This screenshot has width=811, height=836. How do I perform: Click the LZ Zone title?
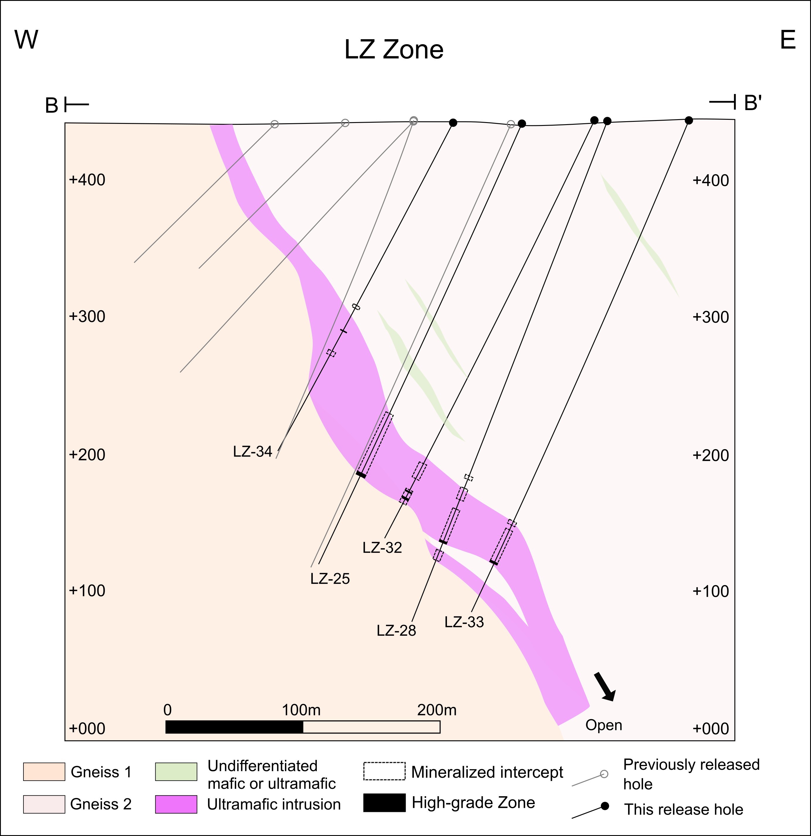(394, 50)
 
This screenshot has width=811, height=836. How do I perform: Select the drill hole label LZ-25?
(330, 579)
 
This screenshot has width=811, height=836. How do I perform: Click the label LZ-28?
(396, 630)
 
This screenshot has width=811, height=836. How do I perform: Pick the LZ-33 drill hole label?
(464, 622)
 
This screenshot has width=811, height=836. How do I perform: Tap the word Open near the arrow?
(603, 725)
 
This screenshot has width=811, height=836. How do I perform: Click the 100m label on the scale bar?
(301, 710)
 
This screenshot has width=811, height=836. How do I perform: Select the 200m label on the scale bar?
(437, 710)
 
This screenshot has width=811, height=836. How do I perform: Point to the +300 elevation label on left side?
(87, 317)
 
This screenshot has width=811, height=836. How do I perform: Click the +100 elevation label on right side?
(710, 591)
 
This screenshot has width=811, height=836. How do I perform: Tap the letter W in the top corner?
(26, 40)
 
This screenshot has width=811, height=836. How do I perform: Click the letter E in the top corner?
(788, 40)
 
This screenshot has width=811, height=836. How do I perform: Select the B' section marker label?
(753, 103)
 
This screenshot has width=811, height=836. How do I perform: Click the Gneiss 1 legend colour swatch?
(44, 772)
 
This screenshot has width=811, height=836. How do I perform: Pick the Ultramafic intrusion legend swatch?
(176, 804)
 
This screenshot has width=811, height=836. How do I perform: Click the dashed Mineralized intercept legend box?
(384, 771)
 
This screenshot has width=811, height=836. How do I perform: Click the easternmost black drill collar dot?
(688, 121)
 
